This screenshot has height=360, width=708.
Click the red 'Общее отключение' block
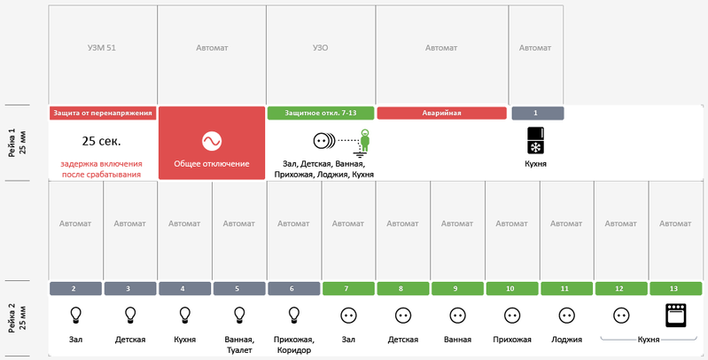(212, 143)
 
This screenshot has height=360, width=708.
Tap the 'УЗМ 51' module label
(102, 47)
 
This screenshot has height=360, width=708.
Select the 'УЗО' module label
(320, 47)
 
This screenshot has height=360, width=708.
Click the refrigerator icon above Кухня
(535, 140)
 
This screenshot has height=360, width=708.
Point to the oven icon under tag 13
(675, 315)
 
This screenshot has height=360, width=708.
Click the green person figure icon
(364, 140)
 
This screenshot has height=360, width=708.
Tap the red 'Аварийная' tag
(441, 113)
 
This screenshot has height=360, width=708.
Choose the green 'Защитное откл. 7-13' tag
(321, 113)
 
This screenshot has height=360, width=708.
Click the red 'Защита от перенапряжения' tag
(103, 113)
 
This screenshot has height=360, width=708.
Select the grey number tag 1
(537, 113)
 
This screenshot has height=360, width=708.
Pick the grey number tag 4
(184, 289)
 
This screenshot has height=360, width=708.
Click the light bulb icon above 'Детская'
(130, 315)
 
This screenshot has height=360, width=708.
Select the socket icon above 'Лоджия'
(567, 316)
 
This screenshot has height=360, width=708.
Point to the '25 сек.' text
(102, 141)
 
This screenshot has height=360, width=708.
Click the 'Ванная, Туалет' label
(239, 345)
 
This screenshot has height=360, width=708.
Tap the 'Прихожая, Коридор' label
(294, 345)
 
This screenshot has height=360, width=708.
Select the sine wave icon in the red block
(212, 141)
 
